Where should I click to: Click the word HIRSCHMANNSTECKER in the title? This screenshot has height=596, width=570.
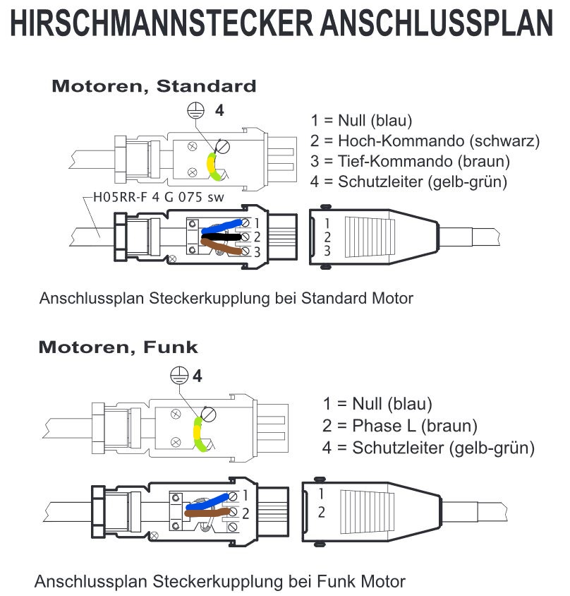162,23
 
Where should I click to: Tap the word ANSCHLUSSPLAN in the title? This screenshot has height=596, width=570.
437,23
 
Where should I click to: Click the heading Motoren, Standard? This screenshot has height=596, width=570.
154,86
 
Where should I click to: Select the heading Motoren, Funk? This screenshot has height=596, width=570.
118,347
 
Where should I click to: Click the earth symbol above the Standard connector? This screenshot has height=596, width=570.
195,110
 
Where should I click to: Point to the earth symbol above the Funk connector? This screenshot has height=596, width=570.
179,375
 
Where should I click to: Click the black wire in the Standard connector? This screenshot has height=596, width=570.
221,238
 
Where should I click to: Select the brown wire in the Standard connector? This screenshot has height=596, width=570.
221,246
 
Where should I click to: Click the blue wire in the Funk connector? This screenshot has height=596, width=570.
207,502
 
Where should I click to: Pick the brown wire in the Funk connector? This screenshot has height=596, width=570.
207,513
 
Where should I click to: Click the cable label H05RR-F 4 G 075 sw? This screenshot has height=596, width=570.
159,197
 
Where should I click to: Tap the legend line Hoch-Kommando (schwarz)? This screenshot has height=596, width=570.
425,141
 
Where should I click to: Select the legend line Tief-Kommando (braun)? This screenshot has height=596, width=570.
410,161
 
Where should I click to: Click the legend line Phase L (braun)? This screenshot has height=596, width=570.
400,426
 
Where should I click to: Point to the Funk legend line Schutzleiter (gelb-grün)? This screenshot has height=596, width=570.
428,448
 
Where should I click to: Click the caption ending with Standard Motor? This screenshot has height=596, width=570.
226,299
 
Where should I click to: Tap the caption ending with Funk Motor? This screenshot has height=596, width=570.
220,582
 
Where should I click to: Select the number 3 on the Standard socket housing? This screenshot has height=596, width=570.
327,251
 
